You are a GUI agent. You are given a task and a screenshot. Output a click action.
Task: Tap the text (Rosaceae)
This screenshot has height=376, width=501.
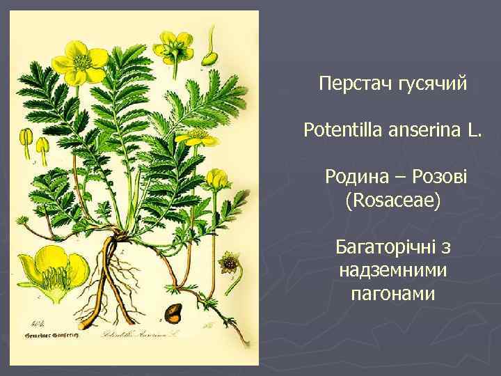(x=393, y=201)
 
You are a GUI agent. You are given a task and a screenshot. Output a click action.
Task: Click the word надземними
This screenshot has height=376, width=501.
(x=393, y=270)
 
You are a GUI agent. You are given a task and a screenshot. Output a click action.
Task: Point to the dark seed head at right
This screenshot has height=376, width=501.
(x=228, y=264)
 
